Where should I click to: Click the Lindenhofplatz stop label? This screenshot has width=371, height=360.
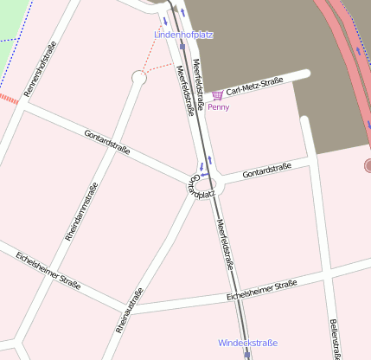tap(183, 35)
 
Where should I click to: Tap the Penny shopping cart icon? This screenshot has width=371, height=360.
tap(217, 95)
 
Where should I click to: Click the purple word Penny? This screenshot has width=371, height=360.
tap(219, 107)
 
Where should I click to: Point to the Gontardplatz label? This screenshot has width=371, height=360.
tap(201, 187)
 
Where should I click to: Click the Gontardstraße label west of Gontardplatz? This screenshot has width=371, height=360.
tap(107, 141)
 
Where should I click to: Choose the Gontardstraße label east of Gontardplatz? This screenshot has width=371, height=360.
tap(266, 171)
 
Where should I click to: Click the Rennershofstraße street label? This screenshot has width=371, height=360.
tap(42, 70)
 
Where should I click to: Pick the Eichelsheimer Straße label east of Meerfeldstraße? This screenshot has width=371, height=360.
tap(262, 290)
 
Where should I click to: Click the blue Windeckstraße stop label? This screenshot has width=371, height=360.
tap(248, 343)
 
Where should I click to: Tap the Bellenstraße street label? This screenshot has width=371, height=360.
tap(334, 338)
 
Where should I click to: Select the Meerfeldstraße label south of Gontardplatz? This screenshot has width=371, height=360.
tap(227, 244)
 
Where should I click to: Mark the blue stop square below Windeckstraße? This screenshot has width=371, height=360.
tap(247, 355)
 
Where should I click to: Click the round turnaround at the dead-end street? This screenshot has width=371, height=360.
tap(138, 79)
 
